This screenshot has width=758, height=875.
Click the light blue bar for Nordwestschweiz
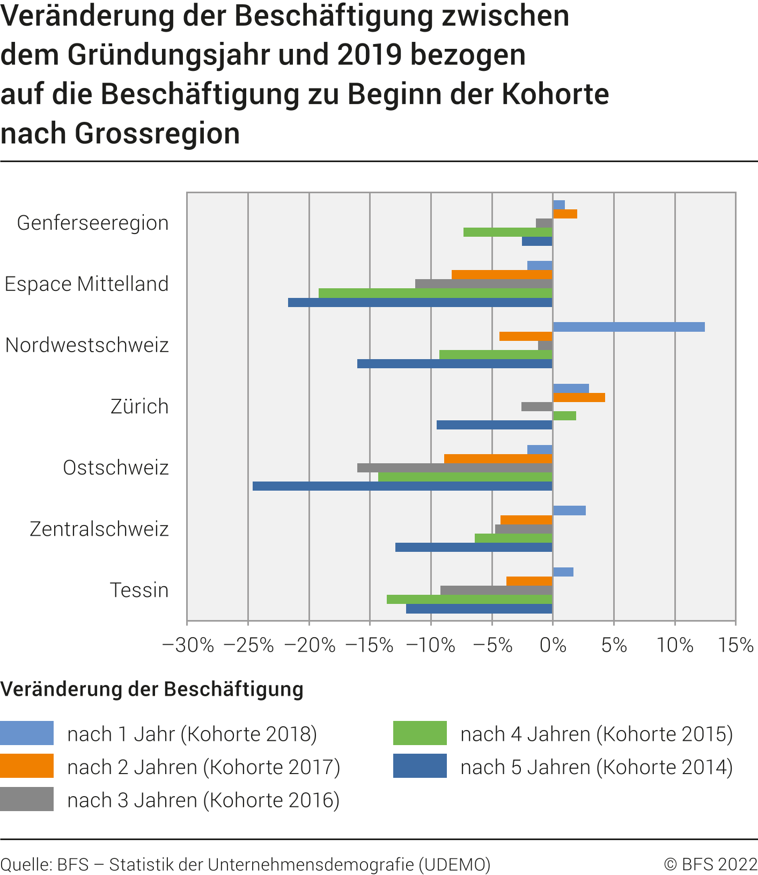tap(628, 327)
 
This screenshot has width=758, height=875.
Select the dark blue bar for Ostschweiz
tap(402, 486)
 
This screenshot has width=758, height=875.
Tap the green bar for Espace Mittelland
tap(435, 293)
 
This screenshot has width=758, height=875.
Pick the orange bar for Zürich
tap(579, 397)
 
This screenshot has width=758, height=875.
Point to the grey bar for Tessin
tap(496, 590)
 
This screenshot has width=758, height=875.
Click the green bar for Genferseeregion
tap(507, 232)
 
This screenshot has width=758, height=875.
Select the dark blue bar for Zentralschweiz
tap(474, 547)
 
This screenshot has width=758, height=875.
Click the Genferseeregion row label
tap(93, 223)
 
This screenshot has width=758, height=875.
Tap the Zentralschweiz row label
tap(99, 529)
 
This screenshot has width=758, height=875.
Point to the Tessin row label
tap(139, 590)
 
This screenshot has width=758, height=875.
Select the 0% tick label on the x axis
tap(553, 645)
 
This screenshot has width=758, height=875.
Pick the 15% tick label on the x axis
tap(735, 645)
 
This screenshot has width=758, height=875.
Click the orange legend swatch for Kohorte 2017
tap(27, 766)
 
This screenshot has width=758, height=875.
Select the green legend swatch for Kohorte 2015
tap(420, 733)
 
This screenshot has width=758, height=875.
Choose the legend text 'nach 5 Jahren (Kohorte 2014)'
tap(597, 767)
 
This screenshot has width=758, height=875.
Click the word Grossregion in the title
tap(157, 133)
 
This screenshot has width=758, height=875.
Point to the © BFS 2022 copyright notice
tap(710, 864)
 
